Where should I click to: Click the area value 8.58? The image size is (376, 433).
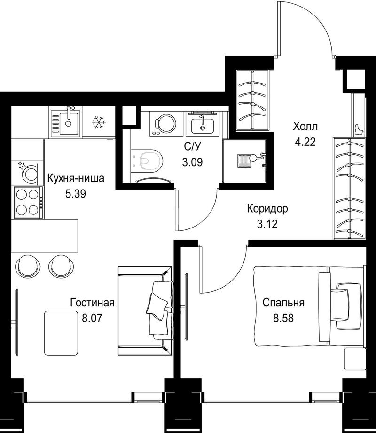283,319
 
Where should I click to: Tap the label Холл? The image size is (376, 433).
305,127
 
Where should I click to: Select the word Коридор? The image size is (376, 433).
267,209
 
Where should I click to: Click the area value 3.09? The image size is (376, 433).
192,162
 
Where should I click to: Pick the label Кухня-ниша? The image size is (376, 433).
76,178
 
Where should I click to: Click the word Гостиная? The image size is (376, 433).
92,303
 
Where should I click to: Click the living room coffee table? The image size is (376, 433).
61,333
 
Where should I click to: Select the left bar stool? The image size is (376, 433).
26,266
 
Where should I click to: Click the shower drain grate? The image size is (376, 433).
244,161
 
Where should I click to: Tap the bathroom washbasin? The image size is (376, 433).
202,124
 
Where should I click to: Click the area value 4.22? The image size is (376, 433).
305,142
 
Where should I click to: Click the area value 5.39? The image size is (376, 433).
76,194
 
